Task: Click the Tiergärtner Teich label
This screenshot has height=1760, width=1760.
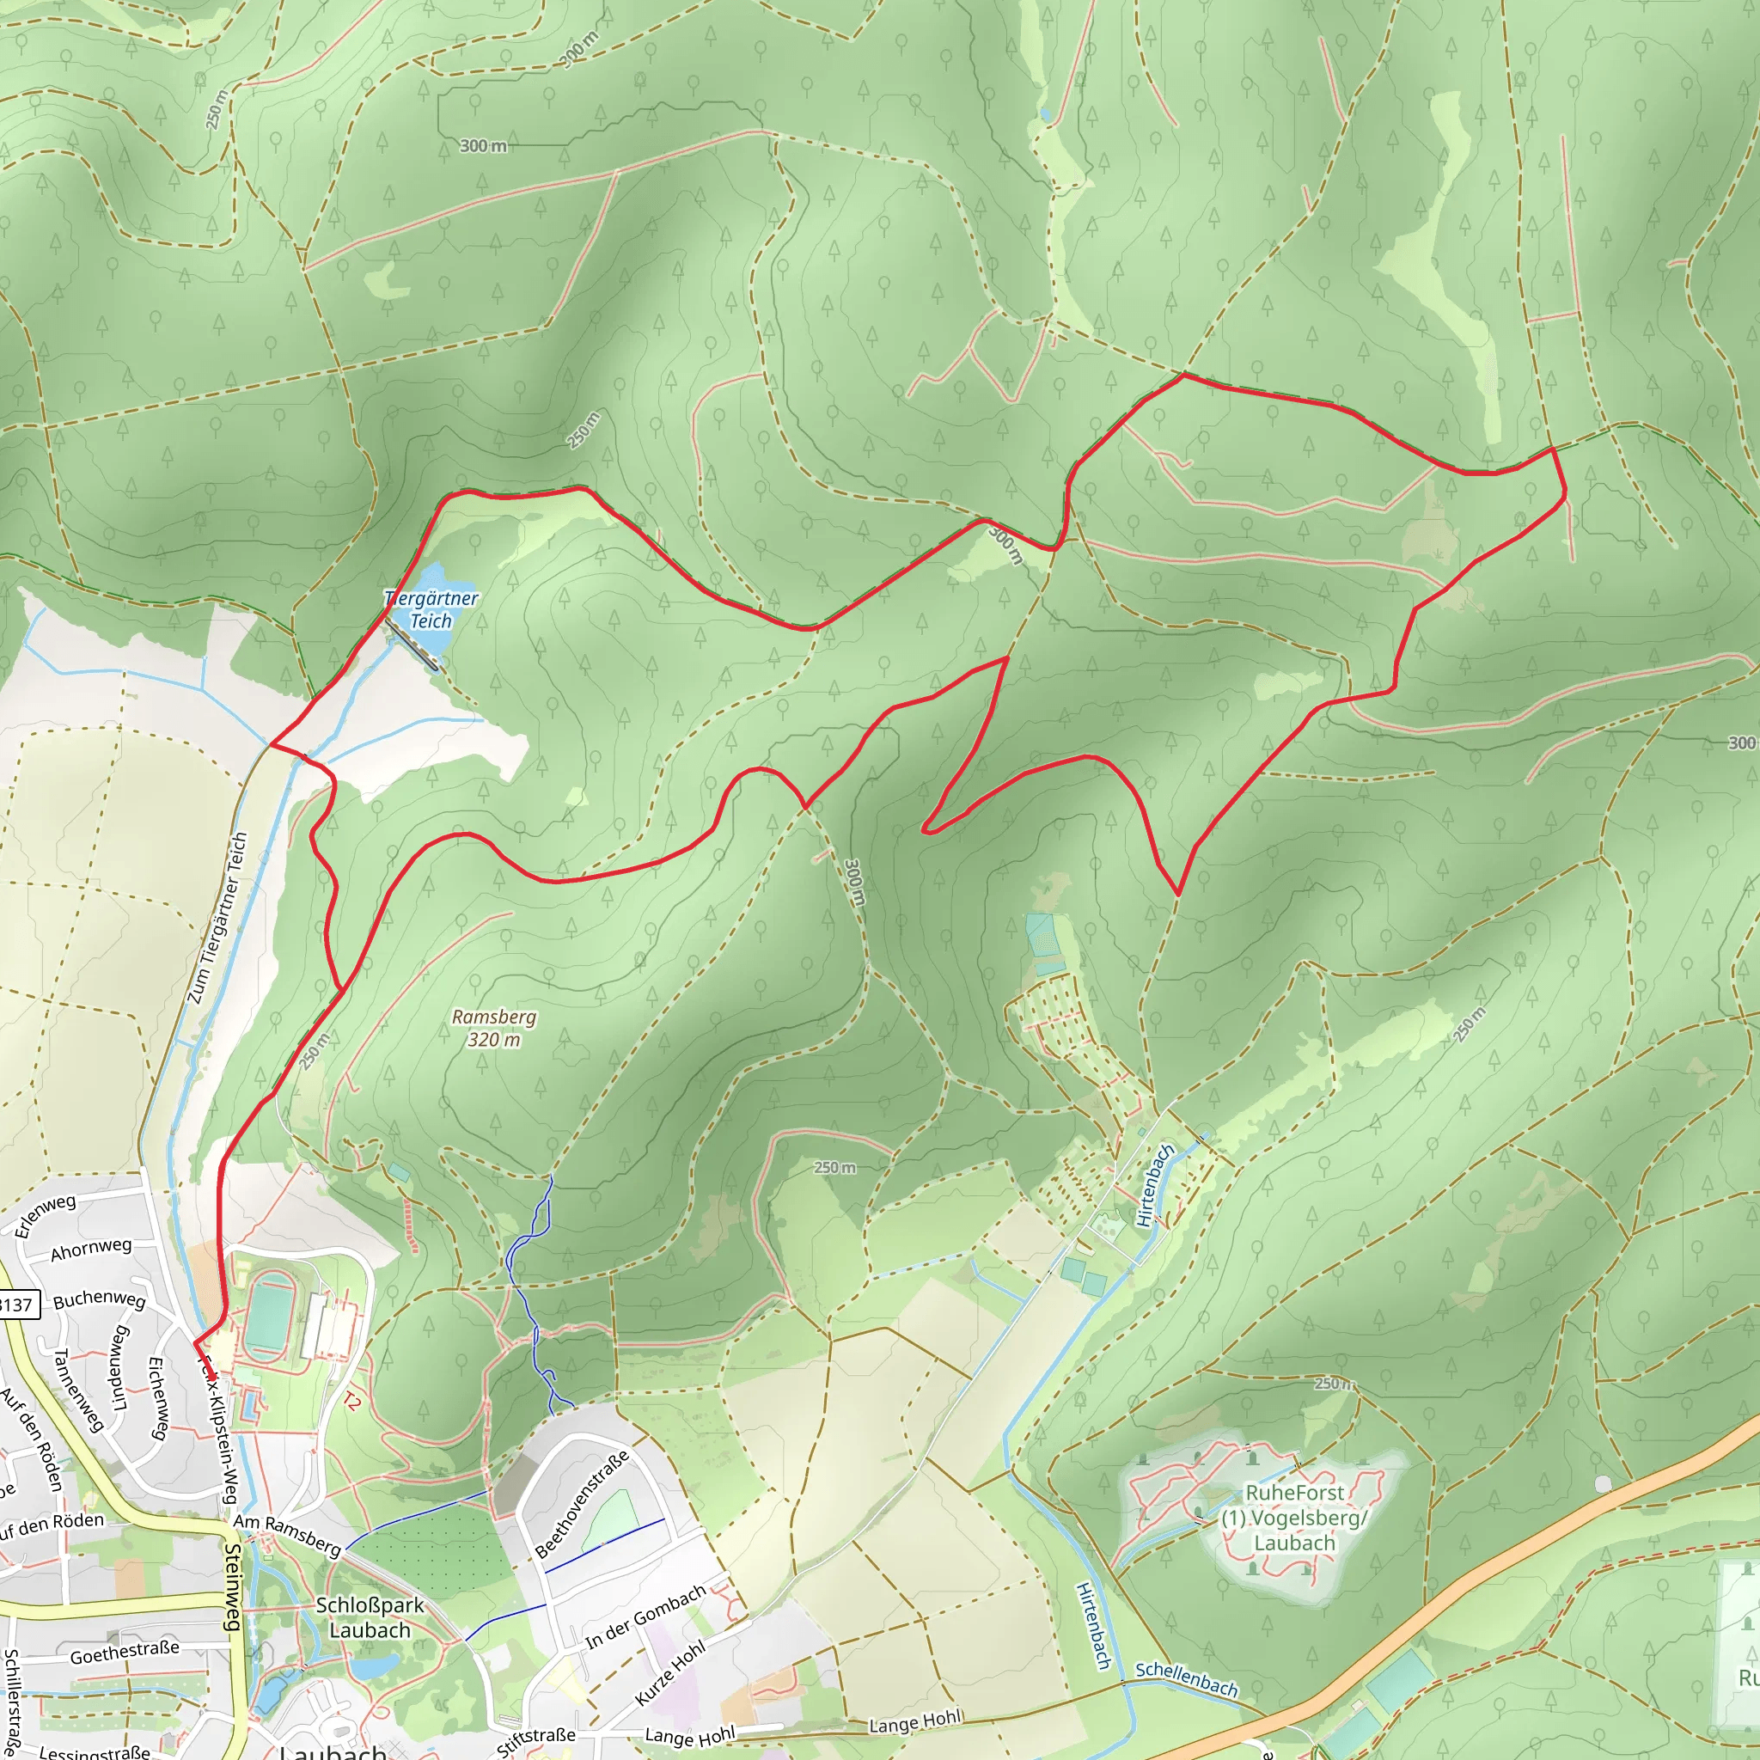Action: (431, 609)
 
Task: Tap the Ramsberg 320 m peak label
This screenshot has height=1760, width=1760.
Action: (494, 1028)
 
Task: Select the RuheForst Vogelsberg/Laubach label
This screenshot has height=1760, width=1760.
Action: (1293, 1518)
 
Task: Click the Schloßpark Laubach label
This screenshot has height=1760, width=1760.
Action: (370, 1617)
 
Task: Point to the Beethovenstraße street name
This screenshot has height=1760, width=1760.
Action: (581, 1504)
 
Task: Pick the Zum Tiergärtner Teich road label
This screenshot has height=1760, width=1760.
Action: (217, 919)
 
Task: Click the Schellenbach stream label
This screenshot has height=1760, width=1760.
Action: (1186, 1679)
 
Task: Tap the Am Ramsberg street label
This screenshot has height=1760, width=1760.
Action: (287, 1534)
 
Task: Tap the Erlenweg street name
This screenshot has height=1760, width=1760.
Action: (45, 1215)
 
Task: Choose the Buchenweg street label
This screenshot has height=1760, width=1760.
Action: (100, 1299)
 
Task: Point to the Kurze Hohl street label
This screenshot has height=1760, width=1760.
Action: (669, 1673)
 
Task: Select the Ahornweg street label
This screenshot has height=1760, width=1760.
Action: (91, 1249)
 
